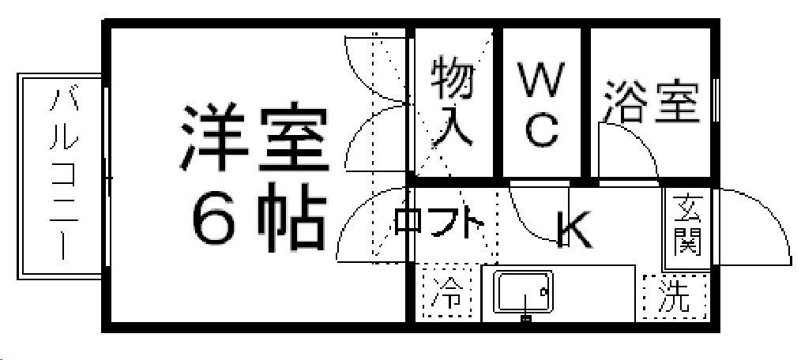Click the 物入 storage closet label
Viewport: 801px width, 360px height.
click(x=453, y=100)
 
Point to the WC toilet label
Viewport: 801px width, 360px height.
click(x=542, y=103)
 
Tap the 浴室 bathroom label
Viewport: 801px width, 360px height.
click(x=652, y=102)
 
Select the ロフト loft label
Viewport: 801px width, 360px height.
click(x=438, y=222)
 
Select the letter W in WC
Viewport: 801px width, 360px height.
click(x=542, y=80)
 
